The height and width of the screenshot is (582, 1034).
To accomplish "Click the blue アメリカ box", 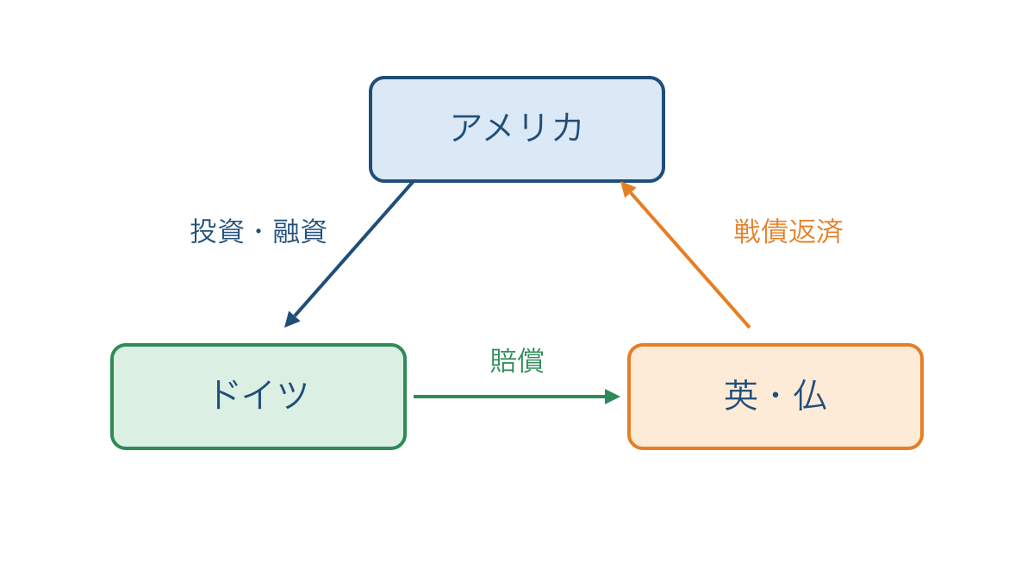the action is point(517,129).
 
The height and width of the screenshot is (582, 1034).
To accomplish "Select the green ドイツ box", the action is point(258,397).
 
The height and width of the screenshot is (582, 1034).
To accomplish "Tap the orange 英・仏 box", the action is point(775,397).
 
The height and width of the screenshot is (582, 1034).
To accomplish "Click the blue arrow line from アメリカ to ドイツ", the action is point(349,254).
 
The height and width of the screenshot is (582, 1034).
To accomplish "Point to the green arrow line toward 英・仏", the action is point(516,397).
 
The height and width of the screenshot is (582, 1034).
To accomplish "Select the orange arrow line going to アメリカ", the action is point(685,254).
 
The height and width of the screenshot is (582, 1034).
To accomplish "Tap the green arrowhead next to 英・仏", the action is point(613,397).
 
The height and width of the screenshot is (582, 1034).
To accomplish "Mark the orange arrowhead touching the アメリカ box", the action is point(627,189).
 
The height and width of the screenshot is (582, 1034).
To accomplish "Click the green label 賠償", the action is point(517,360).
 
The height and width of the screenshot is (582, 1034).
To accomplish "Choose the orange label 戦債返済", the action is point(788,231).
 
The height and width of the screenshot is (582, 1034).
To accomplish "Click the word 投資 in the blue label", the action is point(217,231).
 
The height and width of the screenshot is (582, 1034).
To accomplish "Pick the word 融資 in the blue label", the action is point(300,231).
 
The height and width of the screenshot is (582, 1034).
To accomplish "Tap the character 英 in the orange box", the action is point(741,396).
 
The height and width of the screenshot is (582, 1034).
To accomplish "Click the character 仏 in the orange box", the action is point(810,396).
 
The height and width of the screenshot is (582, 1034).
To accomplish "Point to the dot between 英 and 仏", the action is point(775,396).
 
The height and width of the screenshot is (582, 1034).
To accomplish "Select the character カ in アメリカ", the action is point(567,128).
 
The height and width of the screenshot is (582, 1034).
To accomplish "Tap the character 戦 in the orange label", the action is point(747,231).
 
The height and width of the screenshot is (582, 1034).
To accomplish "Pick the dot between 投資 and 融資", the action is point(258,231).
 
